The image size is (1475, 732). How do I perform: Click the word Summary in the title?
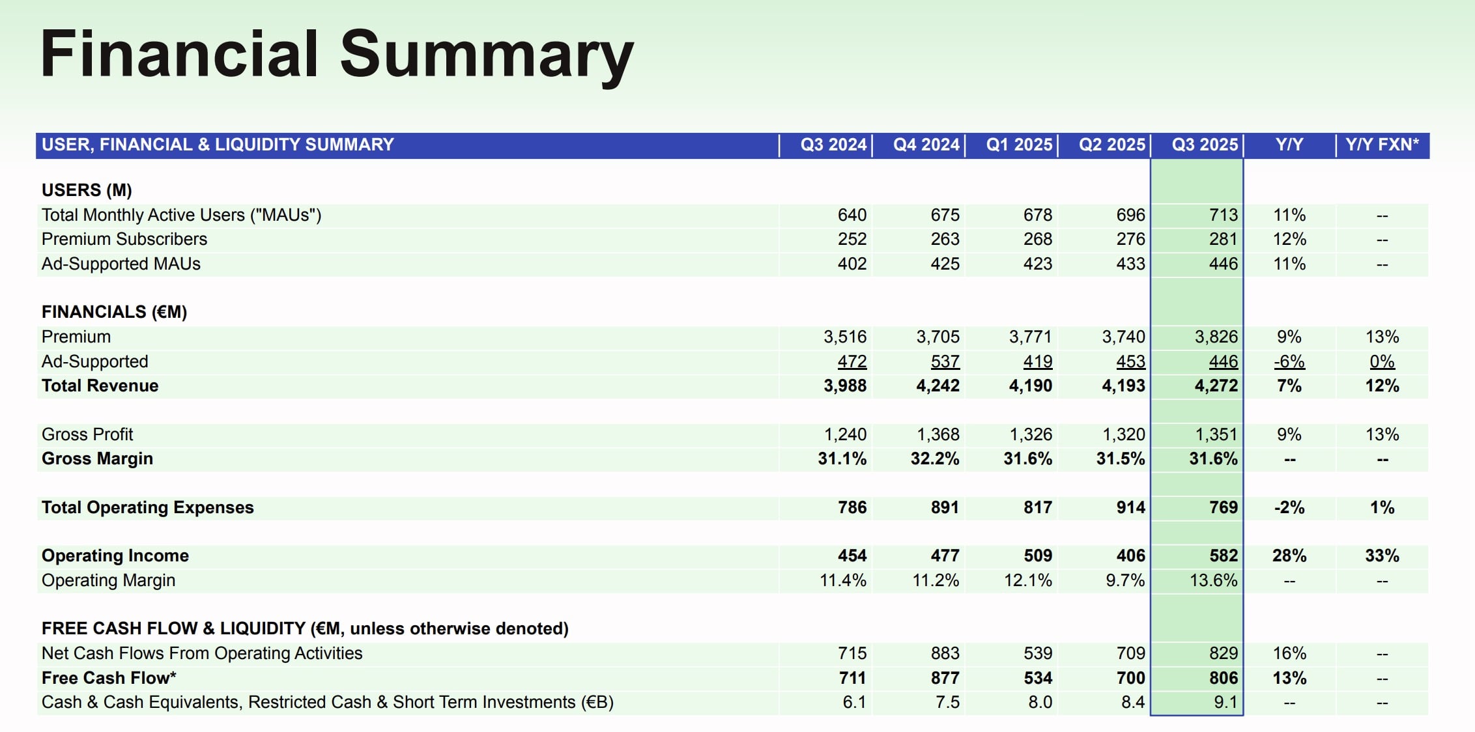click(x=486, y=55)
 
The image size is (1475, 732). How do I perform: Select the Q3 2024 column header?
click(x=833, y=145)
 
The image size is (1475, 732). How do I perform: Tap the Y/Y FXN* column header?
click(x=1382, y=145)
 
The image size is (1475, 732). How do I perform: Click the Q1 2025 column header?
click(x=1019, y=145)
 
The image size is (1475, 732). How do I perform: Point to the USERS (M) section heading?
click(x=87, y=190)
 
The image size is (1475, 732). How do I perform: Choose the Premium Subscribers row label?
click(x=124, y=239)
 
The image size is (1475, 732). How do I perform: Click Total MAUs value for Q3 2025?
click(x=1223, y=215)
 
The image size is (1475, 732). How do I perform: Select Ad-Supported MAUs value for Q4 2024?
click(x=945, y=264)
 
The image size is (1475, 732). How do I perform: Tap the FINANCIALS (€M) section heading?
click(x=114, y=312)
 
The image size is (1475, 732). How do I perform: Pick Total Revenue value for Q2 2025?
click(x=1123, y=386)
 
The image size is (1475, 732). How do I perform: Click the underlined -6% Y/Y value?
click(x=1289, y=361)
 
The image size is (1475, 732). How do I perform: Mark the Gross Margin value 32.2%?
click(x=935, y=458)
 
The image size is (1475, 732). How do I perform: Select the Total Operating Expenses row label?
click(x=148, y=507)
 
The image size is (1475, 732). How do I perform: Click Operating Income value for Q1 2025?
click(x=1037, y=556)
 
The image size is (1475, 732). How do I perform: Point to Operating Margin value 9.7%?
click(x=1125, y=580)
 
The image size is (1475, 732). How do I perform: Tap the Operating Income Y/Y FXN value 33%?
click(x=1382, y=556)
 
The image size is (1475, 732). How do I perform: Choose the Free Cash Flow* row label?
click(x=109, y=678)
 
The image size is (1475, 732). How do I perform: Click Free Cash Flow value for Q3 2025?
click(x=1223, y=678)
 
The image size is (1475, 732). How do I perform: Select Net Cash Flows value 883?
click(x=945, y=653)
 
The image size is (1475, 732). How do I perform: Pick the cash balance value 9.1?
click(x=1225, y=702)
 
